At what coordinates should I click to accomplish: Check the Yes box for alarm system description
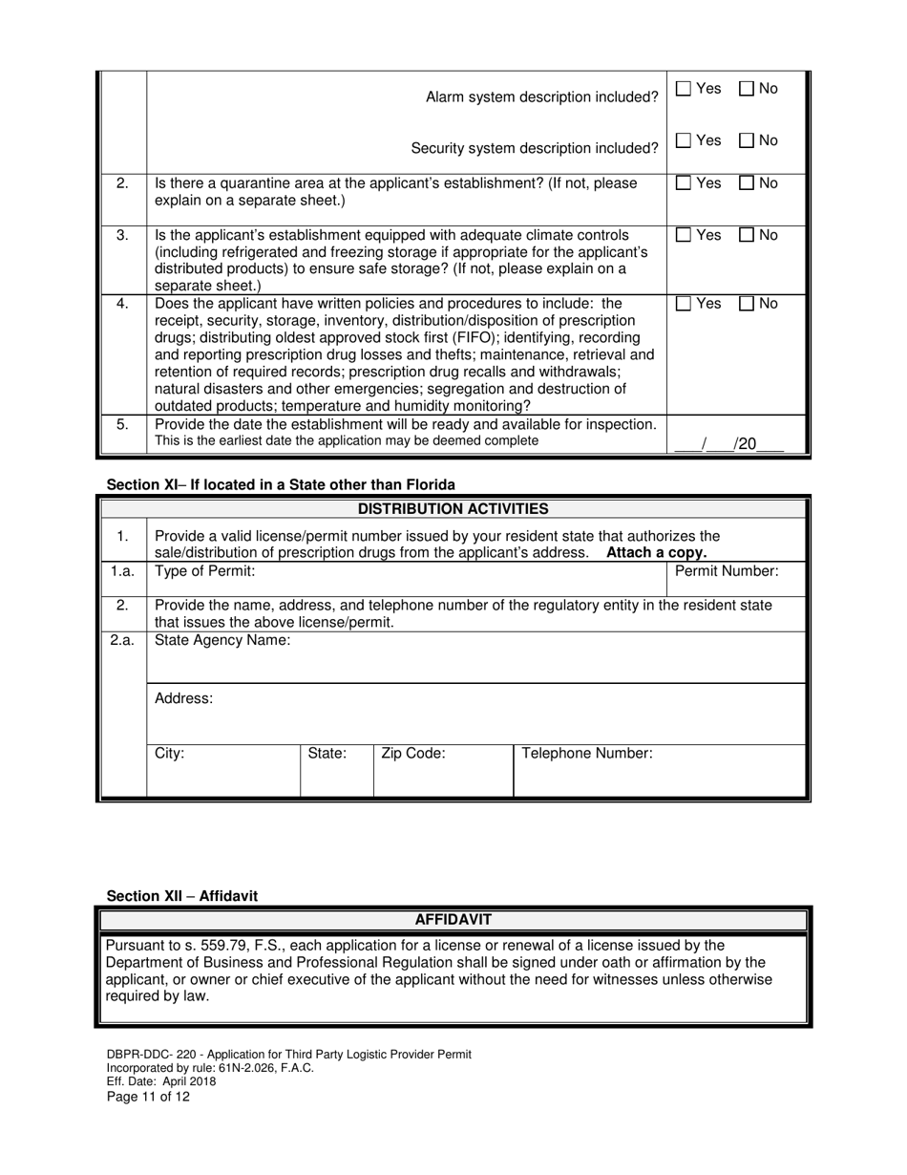pos(684,89)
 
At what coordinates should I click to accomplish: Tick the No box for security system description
pos(747,140)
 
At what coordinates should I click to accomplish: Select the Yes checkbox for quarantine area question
pos(684,183)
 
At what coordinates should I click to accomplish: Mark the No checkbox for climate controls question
pos(747,235)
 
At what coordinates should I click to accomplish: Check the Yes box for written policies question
pos(684,304)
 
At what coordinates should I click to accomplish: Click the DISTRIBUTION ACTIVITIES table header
pos(453,508)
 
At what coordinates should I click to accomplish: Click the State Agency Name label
pos(222,640)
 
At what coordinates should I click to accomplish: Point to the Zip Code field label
pos(413,753)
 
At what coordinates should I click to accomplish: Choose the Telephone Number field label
pos(587,753)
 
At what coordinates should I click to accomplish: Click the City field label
pos(170,753)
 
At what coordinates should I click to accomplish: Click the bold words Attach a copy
pos(657,552)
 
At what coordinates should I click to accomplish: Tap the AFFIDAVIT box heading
pos(453,919)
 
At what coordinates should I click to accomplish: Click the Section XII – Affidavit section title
pos(181,895)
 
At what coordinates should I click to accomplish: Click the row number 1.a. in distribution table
pos(122,571)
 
